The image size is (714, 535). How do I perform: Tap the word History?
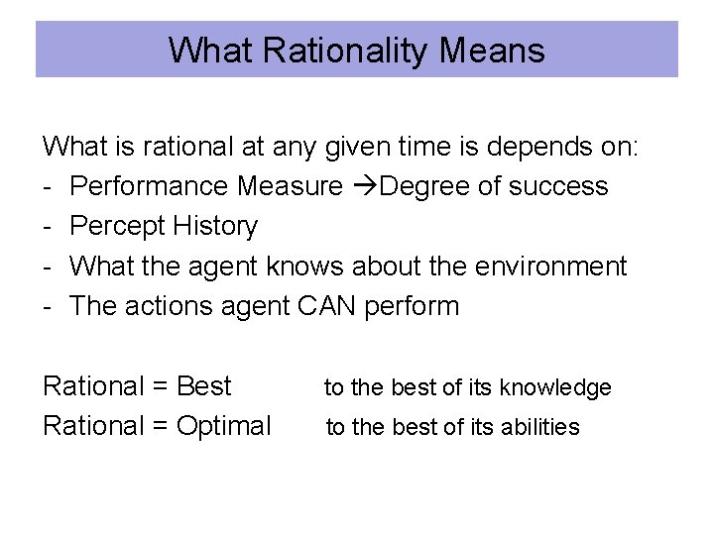[215, 226]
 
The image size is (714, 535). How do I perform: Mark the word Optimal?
[224, 426]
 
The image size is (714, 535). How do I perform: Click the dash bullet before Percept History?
[48, 227]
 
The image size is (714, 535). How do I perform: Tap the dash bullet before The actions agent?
[48, 306]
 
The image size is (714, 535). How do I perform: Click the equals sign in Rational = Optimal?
[160, 426]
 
